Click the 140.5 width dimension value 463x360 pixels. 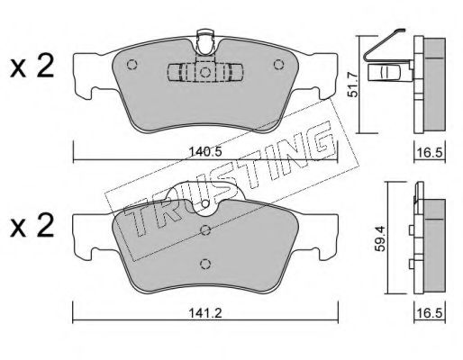pyautogui.click(x=205, y=152)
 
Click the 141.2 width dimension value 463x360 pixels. pyautogui.click(x=205, y=313)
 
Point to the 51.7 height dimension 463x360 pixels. pyautogui.click(x=352, y=85)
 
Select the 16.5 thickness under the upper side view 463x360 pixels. pyautogui.click(x=430, y=153)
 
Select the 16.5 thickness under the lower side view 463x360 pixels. pyautogui.click(x=430, y=313)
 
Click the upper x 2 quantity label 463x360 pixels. pyautogui.click(x=32, y=67)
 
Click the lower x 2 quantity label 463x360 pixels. pyautogui.click(x=32, y=226)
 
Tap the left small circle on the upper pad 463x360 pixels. pyautogui.click(x=132, y=65)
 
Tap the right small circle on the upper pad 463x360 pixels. pyautogui.click(x=278, y=65)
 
